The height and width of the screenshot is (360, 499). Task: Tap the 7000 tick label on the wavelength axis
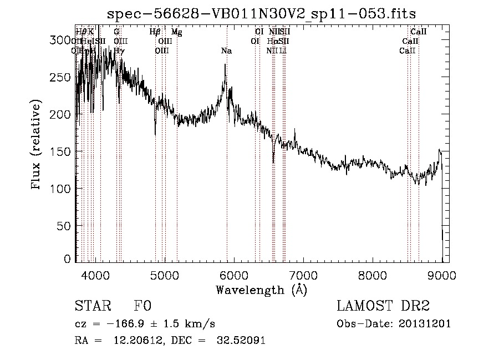tap(303, 275)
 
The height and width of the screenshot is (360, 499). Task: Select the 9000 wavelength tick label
tap(441, 275)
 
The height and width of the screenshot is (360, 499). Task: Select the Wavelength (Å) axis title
tap(261, 290)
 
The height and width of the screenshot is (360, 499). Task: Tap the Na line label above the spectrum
tap(226, 51)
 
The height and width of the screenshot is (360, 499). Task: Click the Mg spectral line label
tap(176, 32)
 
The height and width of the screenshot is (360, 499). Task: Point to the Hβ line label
tap(155, 32)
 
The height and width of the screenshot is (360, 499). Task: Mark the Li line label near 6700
tap(283, 51)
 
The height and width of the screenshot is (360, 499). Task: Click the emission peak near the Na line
tap(225, 65)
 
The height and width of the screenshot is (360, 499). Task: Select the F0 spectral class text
tap(142, 306)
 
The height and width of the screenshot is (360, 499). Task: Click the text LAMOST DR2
tap(383, 306)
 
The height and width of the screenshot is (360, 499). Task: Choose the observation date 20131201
tap(427, 324)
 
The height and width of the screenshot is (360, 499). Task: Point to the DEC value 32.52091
tap(241, 340)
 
